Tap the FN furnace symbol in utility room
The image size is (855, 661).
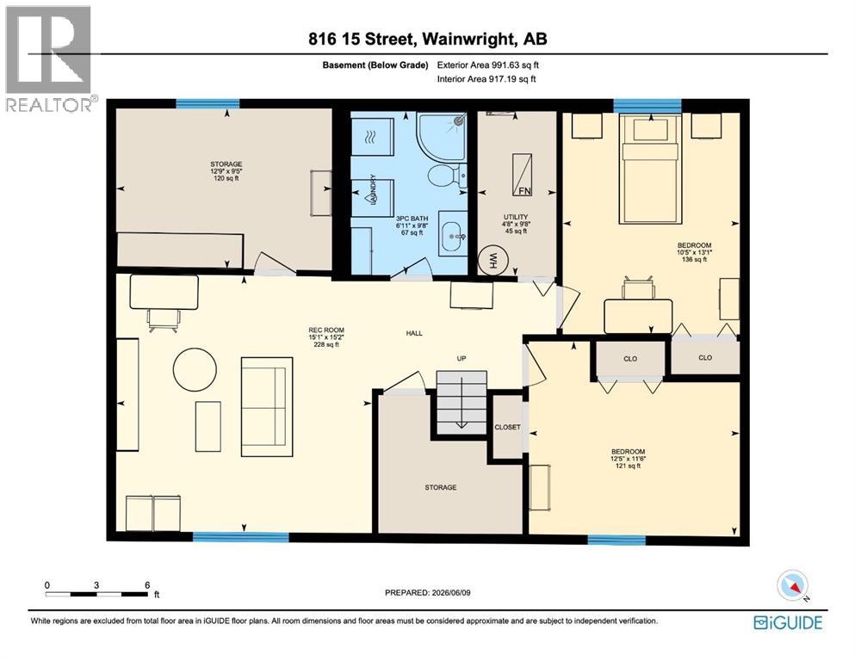pos(522,175)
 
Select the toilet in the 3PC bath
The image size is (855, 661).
pos(447,176)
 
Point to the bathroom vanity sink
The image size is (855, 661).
pos(453,237)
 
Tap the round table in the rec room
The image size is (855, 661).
pos(195,369)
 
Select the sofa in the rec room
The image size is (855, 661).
pos(267,406)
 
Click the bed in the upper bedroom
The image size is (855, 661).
pos(651,169)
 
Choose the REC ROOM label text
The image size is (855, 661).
pos(326,330)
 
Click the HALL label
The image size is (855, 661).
pos(414,333)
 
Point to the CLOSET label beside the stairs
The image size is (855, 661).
pos(507,427)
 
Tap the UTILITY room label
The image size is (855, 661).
pos(516,217)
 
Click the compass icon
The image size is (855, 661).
pos(792,585)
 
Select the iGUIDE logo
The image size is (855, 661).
pos(788,622)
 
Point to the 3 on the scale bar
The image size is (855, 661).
pos(96,584)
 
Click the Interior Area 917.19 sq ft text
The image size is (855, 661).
pos(486,79)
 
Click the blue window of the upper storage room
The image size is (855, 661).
pos(208,103)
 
